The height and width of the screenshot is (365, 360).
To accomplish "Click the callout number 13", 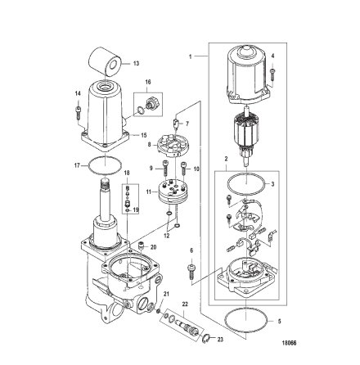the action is coord(136,64).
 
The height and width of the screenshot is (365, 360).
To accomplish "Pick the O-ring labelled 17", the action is coord(105,165).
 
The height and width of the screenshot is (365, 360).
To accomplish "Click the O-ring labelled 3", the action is coord(246,183).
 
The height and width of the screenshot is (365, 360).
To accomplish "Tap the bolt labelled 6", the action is coord(191,272).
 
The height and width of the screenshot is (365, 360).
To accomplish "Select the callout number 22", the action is coord(185,304).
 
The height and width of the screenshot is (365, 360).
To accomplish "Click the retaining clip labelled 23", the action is coord(206,339).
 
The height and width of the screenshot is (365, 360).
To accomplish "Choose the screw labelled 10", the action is coord(183,169).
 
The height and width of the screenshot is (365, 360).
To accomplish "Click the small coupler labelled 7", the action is coord(176,123).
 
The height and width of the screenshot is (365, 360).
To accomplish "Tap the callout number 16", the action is coord(148,82).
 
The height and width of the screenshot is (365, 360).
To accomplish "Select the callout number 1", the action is coord(191,56).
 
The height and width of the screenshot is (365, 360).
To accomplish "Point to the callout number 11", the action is coord(148,192).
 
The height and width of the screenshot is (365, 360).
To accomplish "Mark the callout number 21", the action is coord(166,294).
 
